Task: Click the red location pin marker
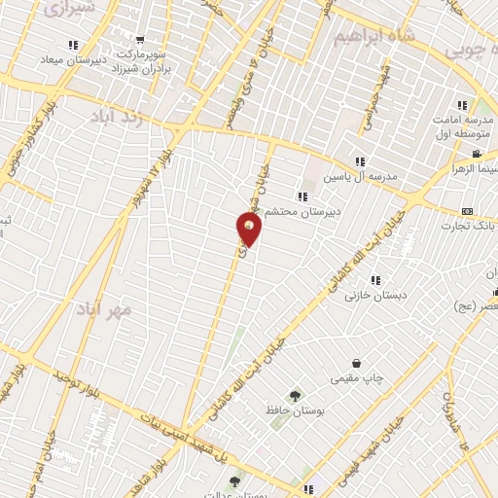[x=249, y=230]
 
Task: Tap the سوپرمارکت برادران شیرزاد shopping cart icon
[x=140, y=41]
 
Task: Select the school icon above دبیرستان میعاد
[x=72, y=44]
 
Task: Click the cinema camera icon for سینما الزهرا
[x=476, y=154]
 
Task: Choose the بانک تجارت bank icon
[x=468, y=211]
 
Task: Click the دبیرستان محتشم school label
[x=337, y=210]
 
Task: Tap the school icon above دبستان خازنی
[x=374, y=280]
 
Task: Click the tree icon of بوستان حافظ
[x=295, y=396]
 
